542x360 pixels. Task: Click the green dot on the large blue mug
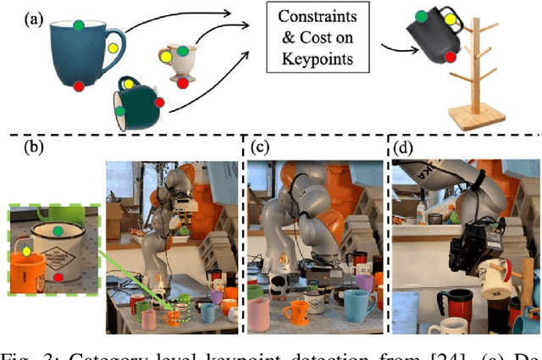(x=78, y=25)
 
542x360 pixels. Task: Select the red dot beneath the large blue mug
(x=78, y=86)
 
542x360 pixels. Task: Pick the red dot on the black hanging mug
(x=450, y=56)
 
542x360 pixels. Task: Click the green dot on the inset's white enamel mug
(x=58, y=230)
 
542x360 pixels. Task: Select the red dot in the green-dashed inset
(x=58, y=276)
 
